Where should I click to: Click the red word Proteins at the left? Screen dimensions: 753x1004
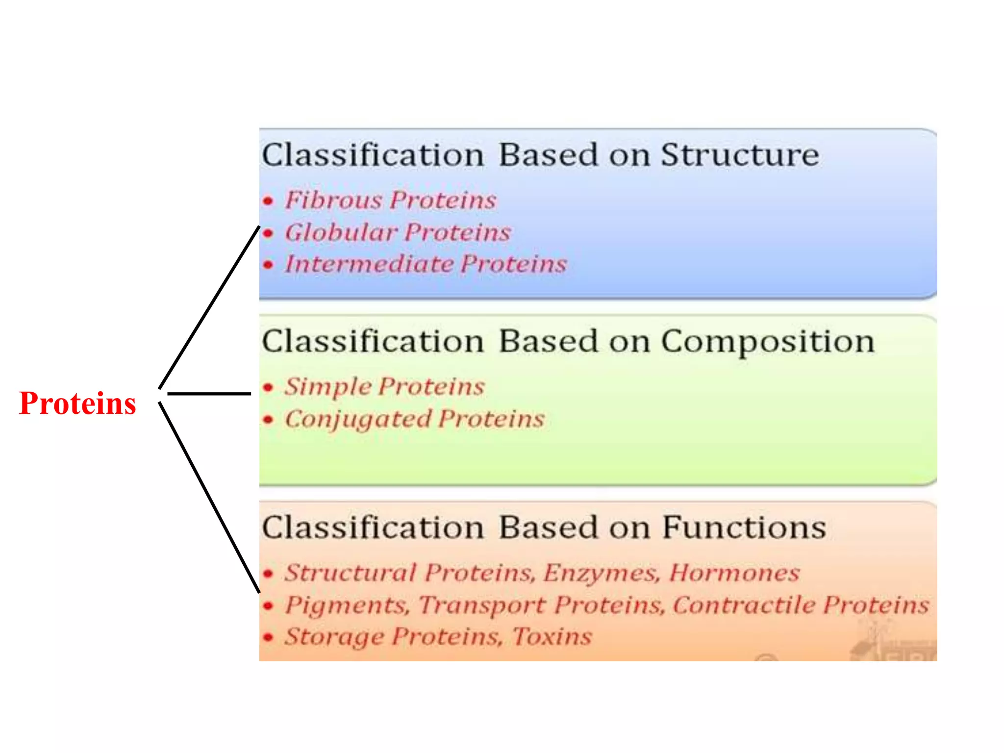[x=77, y=403]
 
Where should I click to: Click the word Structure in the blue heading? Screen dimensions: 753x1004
[x=740, y=155]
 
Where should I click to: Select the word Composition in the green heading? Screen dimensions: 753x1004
[x=768, y=342]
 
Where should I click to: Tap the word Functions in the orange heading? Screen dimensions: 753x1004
[x=744, y=528]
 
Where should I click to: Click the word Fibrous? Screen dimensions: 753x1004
[x=333, y=200]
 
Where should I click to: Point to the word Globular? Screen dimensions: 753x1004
[x=341, y=232]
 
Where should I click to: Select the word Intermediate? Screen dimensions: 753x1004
[x=370, y=264]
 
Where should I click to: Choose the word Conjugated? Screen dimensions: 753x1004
[x=358, y=420]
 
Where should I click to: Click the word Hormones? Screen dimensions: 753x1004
[x=734, y=573]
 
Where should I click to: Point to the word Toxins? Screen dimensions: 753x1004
[x=552, y=636]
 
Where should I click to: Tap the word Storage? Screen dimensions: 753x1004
[x=335, y=637]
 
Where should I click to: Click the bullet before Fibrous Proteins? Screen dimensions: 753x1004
[x=268, y=201]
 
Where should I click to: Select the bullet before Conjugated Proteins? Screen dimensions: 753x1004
[x=268, y=420]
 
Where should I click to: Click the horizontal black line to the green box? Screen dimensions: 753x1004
[x=209, y=393]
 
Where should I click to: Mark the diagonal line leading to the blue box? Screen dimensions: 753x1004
[x=209, y=307]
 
